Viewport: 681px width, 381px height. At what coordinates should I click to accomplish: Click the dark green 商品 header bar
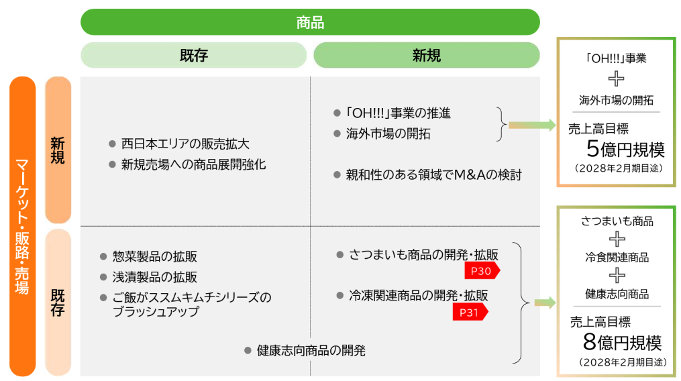click(x=310, y=22)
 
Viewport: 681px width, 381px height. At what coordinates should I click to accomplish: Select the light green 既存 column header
click(x=193, y=55)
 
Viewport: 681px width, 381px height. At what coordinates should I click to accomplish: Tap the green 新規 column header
click(x=426, y=55)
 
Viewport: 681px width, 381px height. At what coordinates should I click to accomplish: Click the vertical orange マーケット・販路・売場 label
click(x=22, y=226)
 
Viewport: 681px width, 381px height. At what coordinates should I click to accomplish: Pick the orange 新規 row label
click(x=58, y=150)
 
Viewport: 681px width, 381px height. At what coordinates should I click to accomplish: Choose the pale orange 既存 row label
click(x=58, y=302)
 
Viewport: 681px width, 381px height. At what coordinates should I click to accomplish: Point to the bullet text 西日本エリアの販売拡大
click(x=185, y=144)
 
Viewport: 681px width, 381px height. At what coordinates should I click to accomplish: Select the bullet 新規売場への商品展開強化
click(x=193, y=164)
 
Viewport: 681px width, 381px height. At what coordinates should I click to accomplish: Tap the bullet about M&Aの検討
click(x=433, y=175)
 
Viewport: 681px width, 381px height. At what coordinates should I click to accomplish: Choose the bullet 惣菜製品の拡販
click(x=154, y=257)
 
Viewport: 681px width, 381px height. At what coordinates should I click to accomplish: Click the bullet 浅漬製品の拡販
click(x=154, y=277)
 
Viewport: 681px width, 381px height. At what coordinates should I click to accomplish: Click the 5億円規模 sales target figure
click(x=625, y=148)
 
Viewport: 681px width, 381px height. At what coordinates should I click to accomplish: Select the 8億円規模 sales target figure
click(x=622, y=343)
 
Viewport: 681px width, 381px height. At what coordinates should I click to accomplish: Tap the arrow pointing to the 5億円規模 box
click(x=531, y=125)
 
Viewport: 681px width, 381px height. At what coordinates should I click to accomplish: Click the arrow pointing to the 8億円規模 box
click(x=544, y=303)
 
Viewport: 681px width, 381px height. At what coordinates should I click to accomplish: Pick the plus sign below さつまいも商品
click(x=616, y=239)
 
